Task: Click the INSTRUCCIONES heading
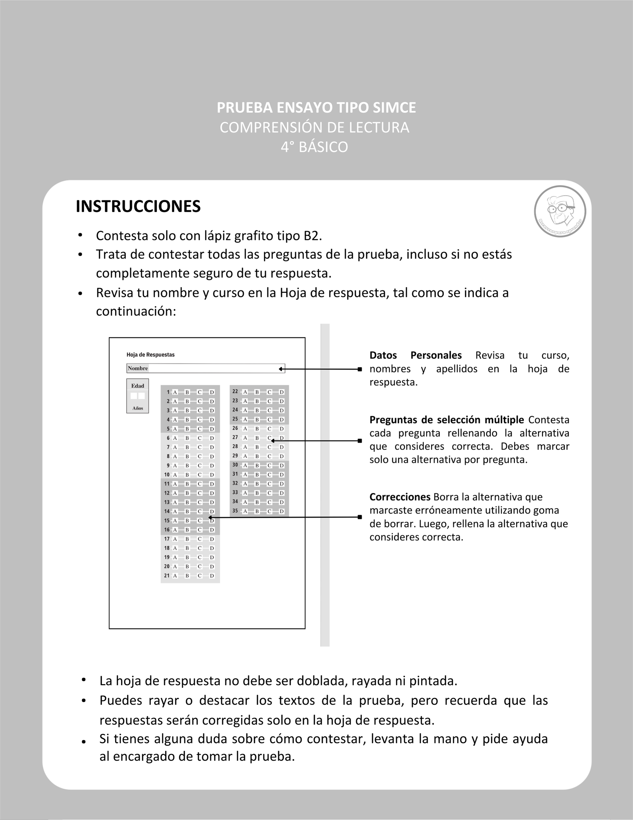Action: click(x=138, y=206)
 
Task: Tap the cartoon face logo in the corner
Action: click(x=560, y=211)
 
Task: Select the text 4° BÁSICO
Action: click(x=315, y=147)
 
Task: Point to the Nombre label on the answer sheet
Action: click(x=138, y=368)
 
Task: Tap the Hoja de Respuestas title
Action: click(x=150, y=355)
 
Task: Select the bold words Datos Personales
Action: click(x=415, y=355)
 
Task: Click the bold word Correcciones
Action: click(x=400, y=497)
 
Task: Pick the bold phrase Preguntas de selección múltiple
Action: click(x=447, y=419)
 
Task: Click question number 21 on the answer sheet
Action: click(x=167, y=575)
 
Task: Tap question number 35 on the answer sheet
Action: click(x=235, y=511)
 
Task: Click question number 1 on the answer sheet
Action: click(x=168, y=392)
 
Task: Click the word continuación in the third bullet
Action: click(x=136, y=311)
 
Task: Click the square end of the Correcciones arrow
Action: click(x=360, y=517)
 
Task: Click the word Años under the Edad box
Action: click(x=137, y=408)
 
